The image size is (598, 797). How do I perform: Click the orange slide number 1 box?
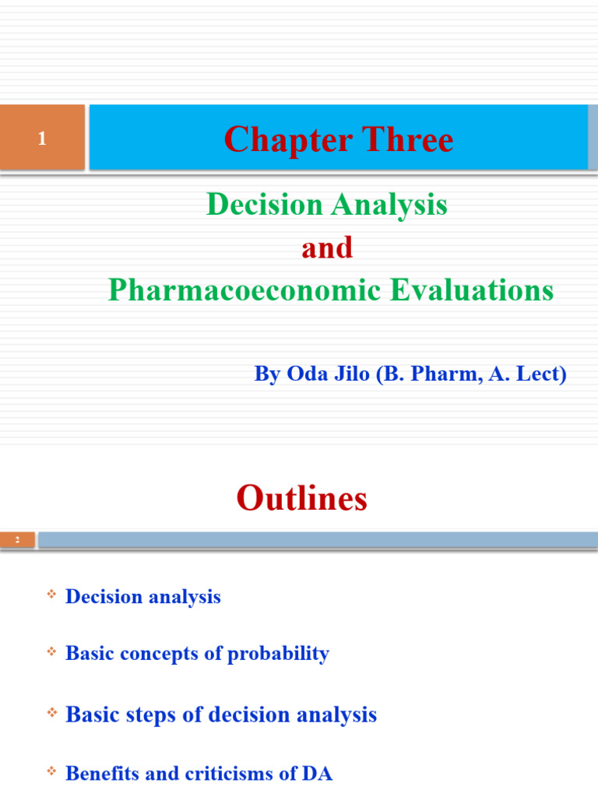point(42,138)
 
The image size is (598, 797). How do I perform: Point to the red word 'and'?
point(327,248)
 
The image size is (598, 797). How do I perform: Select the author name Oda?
point(307,374)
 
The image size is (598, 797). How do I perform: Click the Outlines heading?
point(301,498)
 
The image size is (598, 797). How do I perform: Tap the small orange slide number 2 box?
point(17,539)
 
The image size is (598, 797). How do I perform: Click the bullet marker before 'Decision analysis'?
point(52,595)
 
